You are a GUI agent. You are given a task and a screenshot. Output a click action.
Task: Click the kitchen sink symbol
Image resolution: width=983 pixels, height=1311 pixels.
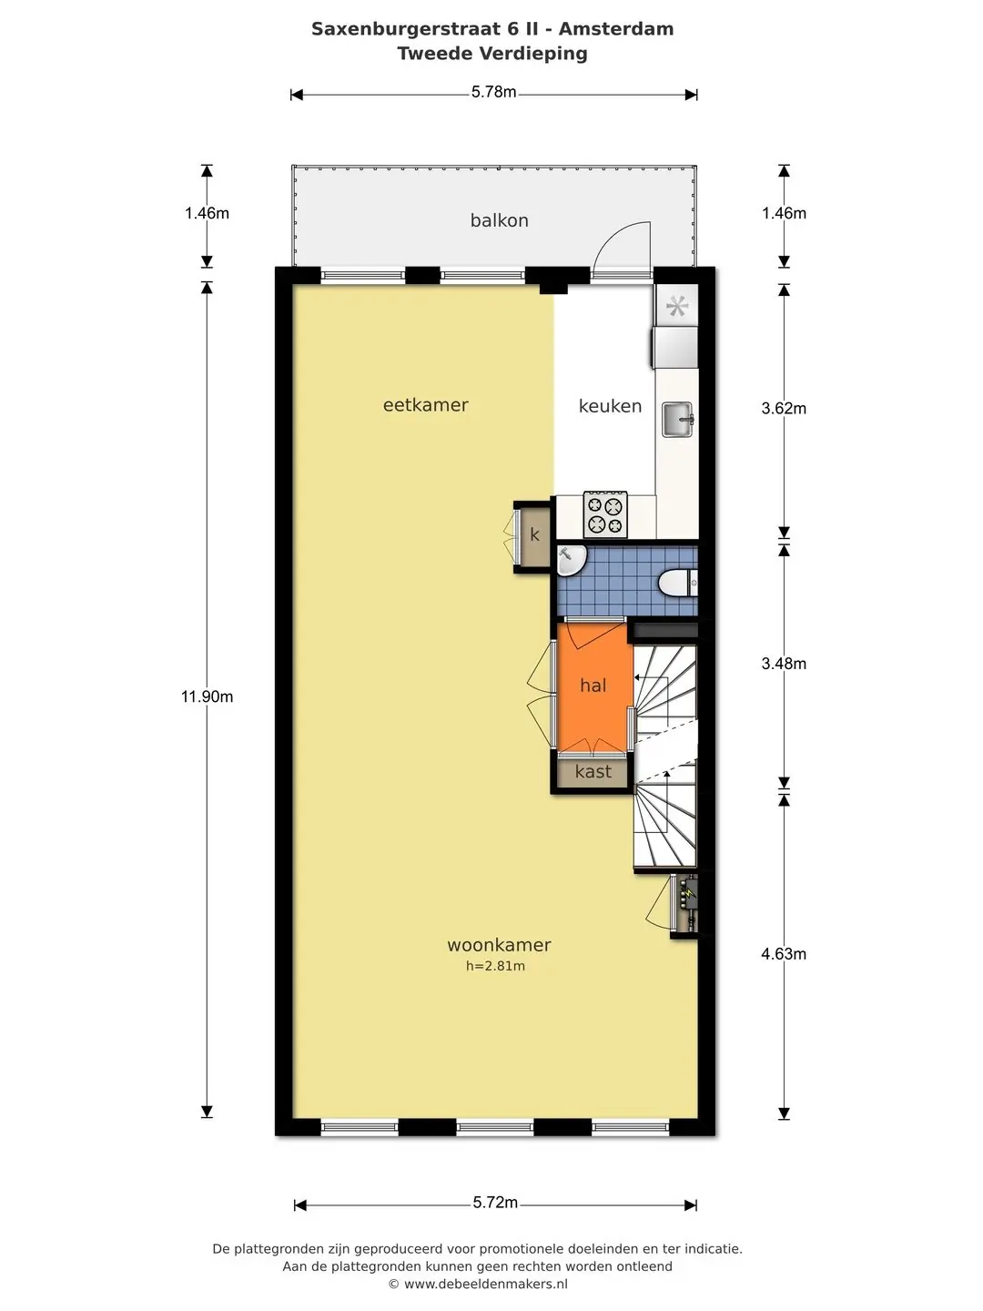pos(677,420)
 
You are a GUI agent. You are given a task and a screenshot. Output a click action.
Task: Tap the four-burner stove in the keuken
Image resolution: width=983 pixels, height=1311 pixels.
pos(605,513)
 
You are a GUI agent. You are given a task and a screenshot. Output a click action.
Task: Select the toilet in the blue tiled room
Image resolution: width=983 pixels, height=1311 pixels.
pos(678,583)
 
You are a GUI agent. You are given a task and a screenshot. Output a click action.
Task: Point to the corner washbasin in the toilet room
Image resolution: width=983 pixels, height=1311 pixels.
pos(572,561)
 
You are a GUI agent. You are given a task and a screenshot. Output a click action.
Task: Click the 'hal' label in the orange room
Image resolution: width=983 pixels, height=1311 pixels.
pos(593,686)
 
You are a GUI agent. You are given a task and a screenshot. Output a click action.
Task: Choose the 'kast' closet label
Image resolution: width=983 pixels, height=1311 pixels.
pos(593,772)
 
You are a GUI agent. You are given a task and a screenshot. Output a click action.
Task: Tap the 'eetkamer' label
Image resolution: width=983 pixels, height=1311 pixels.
pos(426,405)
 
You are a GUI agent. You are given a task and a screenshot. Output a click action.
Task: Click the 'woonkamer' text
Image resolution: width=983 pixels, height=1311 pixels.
pos(499,945)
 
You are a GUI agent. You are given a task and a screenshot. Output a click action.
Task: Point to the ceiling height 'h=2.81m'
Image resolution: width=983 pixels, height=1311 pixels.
pos(495,966)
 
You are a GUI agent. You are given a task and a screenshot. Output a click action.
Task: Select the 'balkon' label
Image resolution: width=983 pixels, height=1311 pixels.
pos(499,220)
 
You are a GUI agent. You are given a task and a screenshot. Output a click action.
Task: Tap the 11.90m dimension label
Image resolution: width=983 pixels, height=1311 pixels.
pos(208,696)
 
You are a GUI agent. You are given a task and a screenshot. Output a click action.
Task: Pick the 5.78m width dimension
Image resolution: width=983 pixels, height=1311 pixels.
pos(493,92)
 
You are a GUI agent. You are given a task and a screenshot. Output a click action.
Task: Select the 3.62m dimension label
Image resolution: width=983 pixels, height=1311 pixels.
pos(784,409)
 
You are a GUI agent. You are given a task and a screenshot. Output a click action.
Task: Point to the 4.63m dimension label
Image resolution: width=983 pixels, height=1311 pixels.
pos(784,954)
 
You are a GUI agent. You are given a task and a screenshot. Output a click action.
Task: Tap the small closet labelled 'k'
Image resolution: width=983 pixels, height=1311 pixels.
pos(533,535)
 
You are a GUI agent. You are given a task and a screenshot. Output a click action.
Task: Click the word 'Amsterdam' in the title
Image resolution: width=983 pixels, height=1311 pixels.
pos(616,28)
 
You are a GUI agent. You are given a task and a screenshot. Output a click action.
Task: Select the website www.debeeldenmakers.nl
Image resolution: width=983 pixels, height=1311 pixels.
pos(486,1284)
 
